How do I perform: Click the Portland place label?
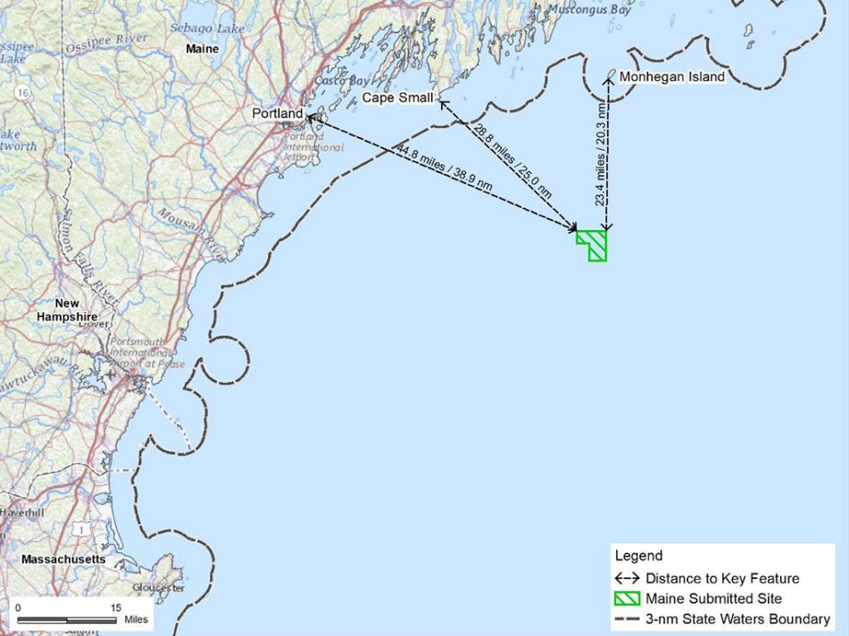[277, 113]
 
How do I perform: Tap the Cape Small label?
[397, 97]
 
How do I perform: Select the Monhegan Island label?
[671, 78]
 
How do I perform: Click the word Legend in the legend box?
[639, 556]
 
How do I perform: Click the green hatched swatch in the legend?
[628, 599]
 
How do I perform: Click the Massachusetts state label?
[63, 559]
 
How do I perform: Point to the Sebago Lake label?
[206, 29]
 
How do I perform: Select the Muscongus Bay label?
[590, 10]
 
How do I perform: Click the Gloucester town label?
[158, 588]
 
